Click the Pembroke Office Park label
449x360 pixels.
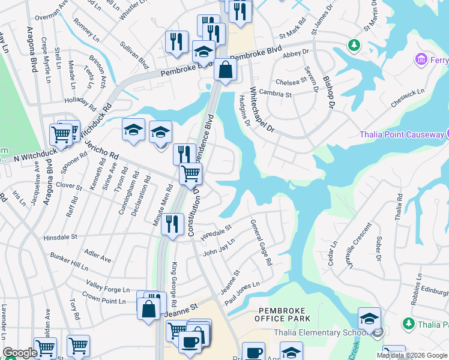pyautogui.click(x=284, y=314)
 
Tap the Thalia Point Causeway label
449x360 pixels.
pyautogui.click(x=402, y=134)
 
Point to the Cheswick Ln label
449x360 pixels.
pyautogui.click(x=407, y=94)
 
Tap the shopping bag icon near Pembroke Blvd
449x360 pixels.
pyautogui.click(x=224, y=70)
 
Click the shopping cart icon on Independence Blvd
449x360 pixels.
pyautogui.click(x=190, y=174)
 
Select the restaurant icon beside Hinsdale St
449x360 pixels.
pyautogui.click(x=172, y=224)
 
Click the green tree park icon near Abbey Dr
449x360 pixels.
pyautogui.click(x=354, y=45)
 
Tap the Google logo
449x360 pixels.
pyautogui.click(x=20, y=353)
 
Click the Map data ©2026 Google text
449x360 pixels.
pyautogui.click(x=412, y=355)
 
